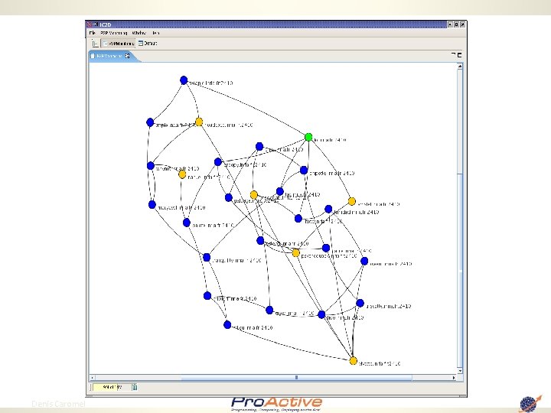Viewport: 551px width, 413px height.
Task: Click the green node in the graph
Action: click(308, 137)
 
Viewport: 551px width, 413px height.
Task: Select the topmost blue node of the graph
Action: click(184, 80)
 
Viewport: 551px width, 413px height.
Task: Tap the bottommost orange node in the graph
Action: click(353, 360)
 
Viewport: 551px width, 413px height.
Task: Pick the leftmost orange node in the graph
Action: click(182, 174)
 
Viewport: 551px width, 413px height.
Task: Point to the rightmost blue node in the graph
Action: click(364, 260)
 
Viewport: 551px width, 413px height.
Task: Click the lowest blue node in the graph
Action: click(227, 324)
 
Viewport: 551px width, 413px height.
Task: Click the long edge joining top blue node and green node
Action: click(253, 104)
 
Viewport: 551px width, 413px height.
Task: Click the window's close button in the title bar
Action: click(461, 24)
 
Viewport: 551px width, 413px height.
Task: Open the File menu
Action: click(93, 33)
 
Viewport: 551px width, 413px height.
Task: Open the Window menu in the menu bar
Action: click(139, 33)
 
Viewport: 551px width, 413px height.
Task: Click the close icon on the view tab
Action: click(129, 55)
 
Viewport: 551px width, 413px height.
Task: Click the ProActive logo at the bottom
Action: click(276, 404)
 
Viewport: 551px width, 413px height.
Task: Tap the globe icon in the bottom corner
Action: click(529, 403)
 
